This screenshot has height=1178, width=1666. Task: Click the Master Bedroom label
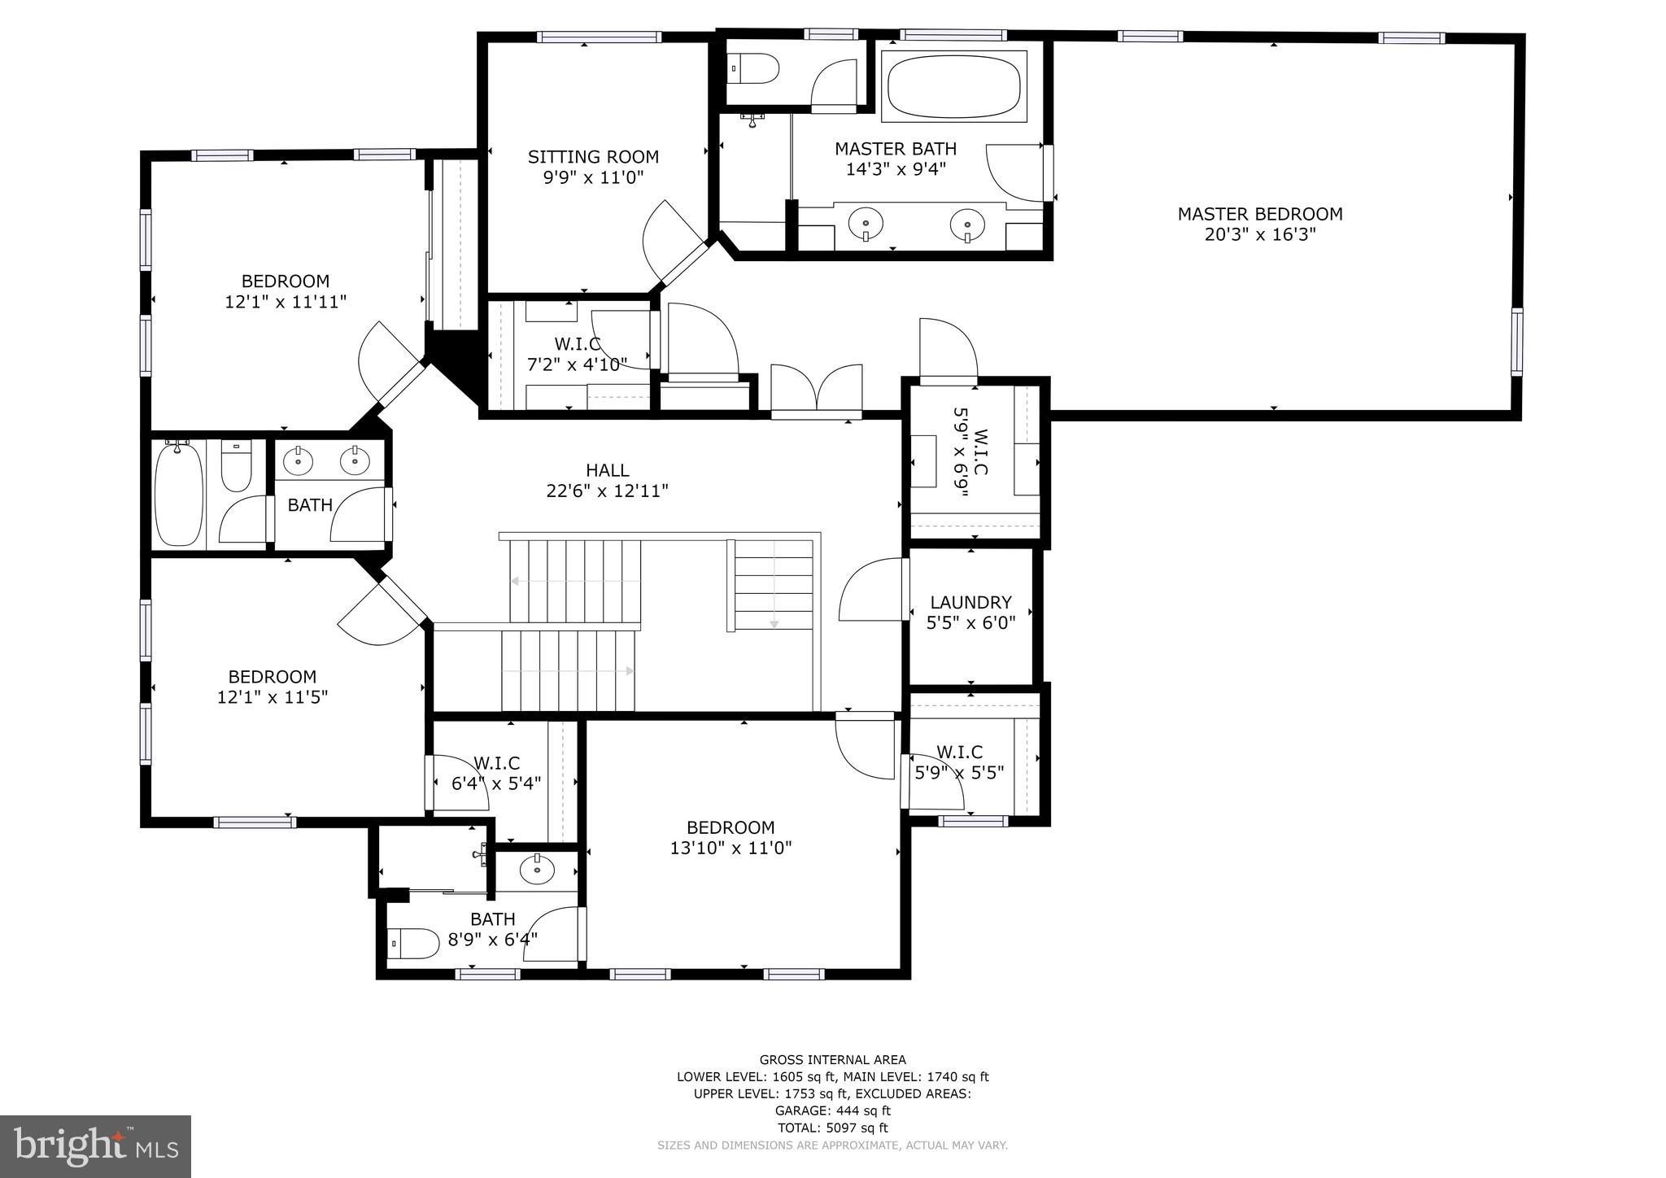coord(1259,214)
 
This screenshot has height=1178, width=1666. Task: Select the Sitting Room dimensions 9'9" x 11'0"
coord(593,177)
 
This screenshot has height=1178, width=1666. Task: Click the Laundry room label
coord(970,603)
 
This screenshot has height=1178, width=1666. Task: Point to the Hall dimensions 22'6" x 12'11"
coord(607,491)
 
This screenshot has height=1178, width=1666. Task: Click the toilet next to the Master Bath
coord(754,68)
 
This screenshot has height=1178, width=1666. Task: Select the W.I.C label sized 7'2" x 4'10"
coord(577,344)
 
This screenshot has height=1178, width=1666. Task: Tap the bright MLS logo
coord(95,1146)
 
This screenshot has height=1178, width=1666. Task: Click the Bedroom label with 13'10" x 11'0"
coord(731,828)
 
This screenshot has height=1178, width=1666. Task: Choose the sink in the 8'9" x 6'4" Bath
coord(537,871)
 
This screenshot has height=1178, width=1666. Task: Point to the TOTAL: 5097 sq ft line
coord(832,1128)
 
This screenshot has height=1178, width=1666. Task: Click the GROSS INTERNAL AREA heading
coord(832,1059)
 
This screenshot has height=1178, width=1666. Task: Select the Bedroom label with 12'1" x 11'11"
coord(285,281)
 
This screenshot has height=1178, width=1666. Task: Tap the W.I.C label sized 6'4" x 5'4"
coord(496,763)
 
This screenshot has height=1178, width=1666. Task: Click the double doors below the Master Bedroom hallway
coord(816,390)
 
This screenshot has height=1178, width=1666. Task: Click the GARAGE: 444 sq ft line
coord(832,1110)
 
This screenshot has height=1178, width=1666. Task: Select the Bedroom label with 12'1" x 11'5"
coord(272,677)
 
